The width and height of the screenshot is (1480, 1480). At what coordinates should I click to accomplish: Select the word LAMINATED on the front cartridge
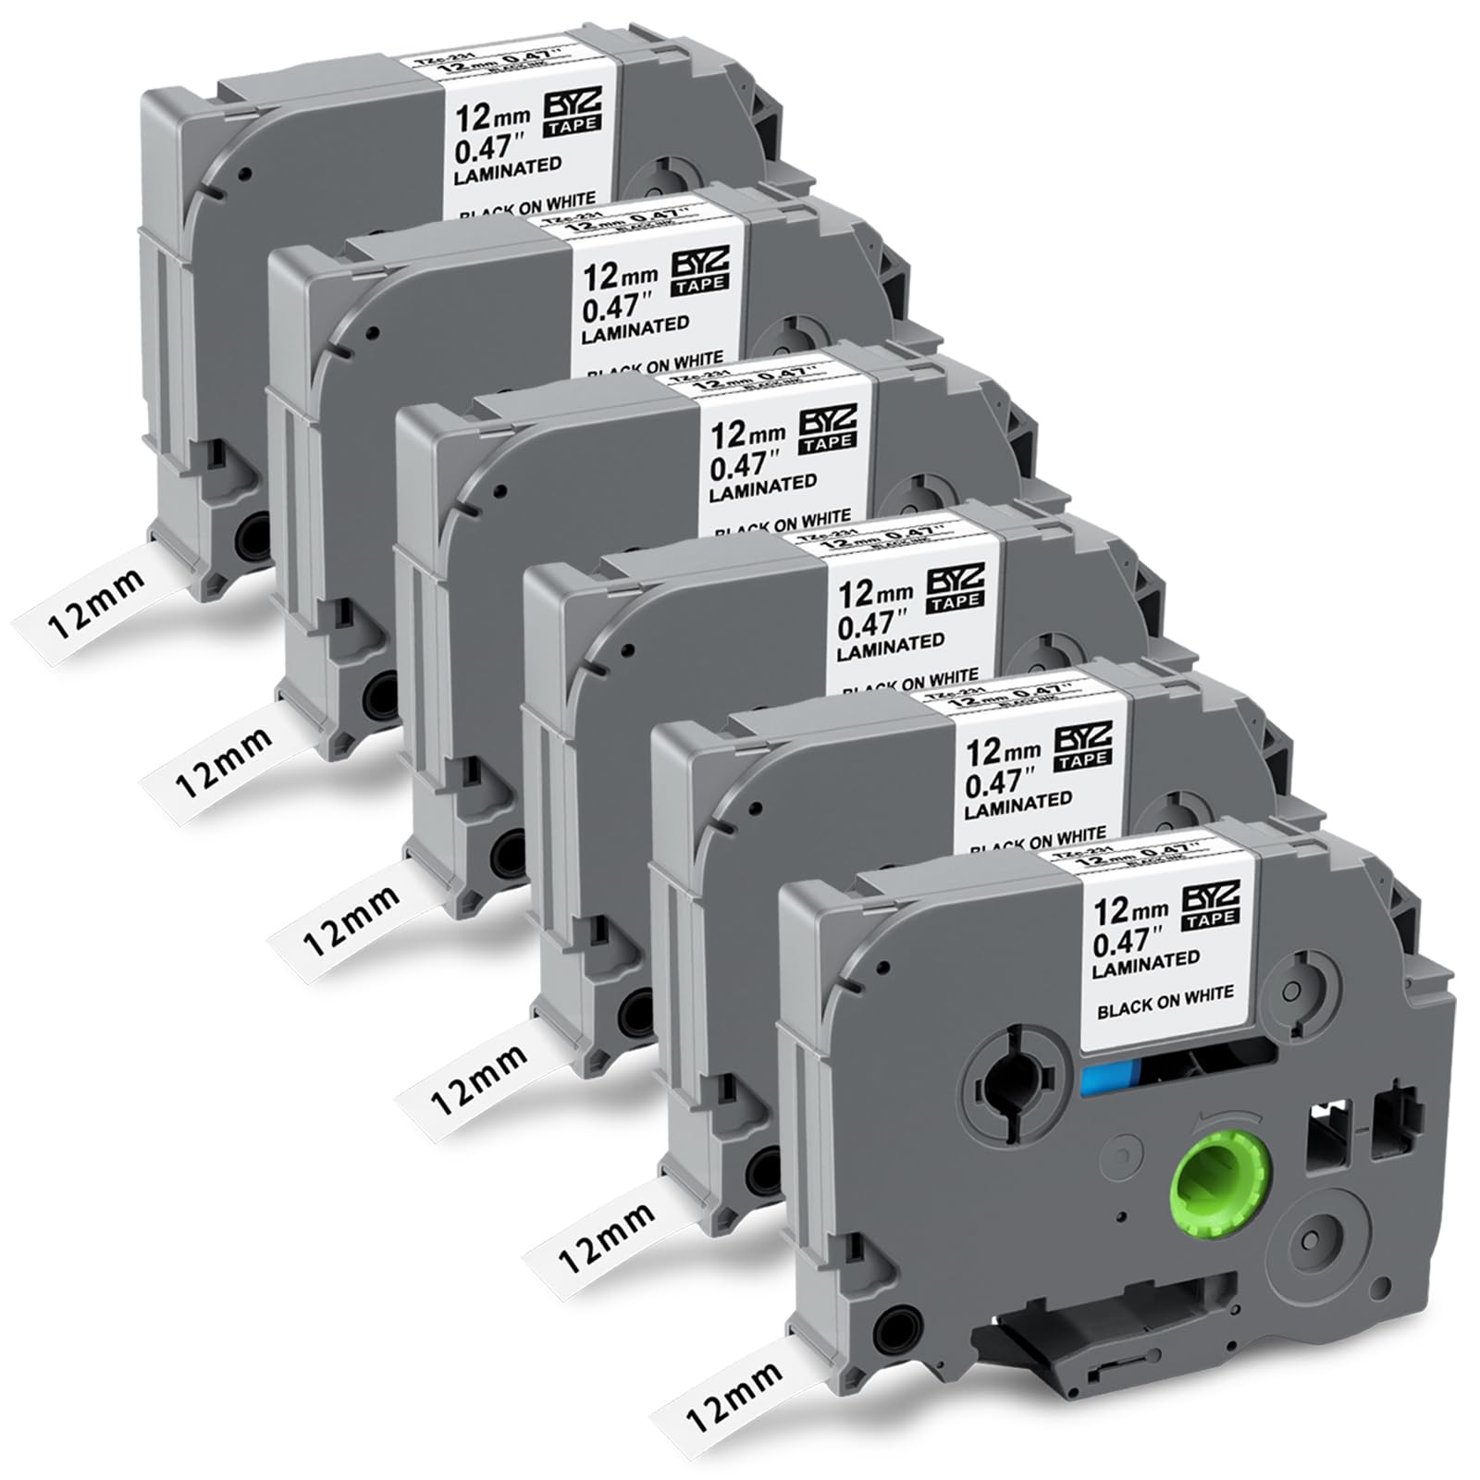[x=1146, y=964]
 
